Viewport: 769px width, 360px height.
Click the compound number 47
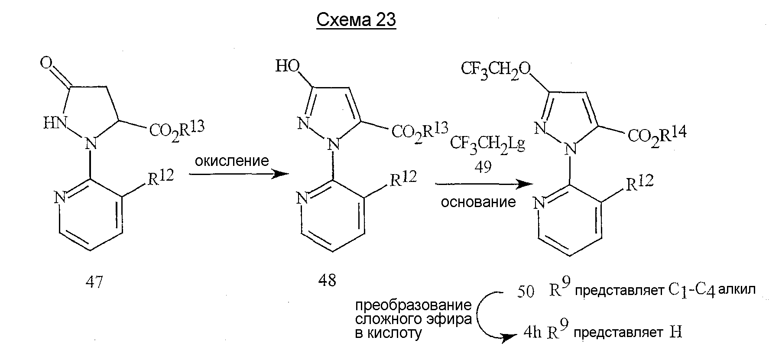coord(94,282)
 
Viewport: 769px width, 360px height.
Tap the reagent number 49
coord(483,167)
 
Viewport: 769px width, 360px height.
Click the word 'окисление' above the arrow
coord(232,161)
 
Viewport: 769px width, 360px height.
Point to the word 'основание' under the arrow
coord(478,202)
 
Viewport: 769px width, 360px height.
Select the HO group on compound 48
coord(288,66)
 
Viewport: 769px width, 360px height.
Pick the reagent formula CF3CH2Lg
coord(488,143)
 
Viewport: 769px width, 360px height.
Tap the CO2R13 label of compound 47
coord(177,129)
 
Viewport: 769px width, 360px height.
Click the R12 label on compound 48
coord(403,178)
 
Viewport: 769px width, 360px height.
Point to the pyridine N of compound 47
coord(60,198)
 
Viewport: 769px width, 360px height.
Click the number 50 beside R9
coord(526,292)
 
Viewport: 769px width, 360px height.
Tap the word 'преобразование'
coord(413,306)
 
